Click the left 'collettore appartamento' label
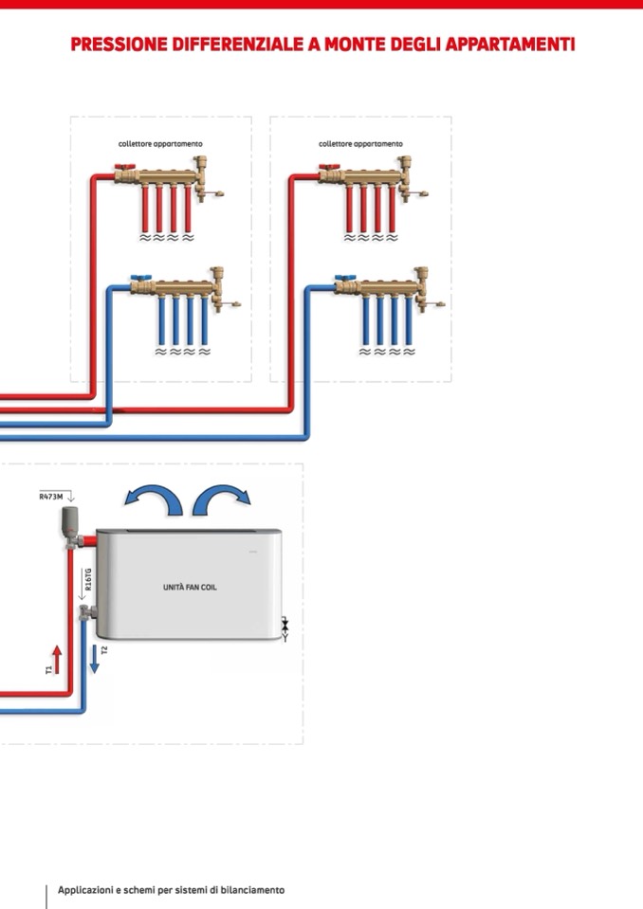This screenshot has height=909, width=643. click(x=154, y=144)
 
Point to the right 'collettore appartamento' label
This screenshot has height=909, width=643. click(x=360, y=144)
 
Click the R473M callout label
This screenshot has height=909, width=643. click(x=51, y=496)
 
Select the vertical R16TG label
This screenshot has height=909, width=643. click(x=88, y=580)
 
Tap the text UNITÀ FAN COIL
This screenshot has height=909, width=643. click(x=190, y=588)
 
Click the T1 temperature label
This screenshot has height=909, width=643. click(x=48, y=669)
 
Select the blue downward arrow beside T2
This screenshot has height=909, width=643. click(x=94, y=658)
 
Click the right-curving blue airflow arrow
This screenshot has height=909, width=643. click(x=223, y=500)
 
